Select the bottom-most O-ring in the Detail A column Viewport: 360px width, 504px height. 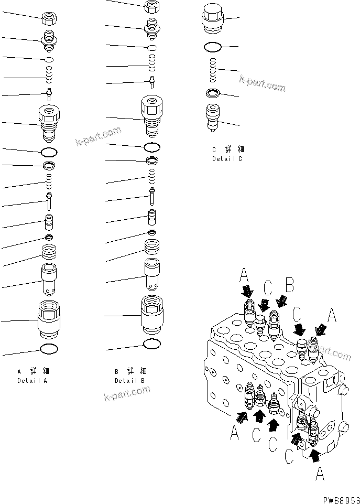point(49,349)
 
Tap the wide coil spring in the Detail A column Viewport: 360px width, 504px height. point(49,255)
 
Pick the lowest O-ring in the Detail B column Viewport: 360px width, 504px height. point(151,344)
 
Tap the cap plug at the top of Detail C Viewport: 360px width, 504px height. point(214,20)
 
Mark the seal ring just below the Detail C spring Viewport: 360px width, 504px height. point(213,94)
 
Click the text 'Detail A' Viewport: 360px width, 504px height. point(32,381)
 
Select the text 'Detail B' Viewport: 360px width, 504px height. point(130,381)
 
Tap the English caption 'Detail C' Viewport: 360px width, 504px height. point(227,158)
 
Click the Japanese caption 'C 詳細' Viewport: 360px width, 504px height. point(227,149)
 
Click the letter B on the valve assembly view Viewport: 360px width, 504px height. point(289,286)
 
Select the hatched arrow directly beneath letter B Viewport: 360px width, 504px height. point(282,301)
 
